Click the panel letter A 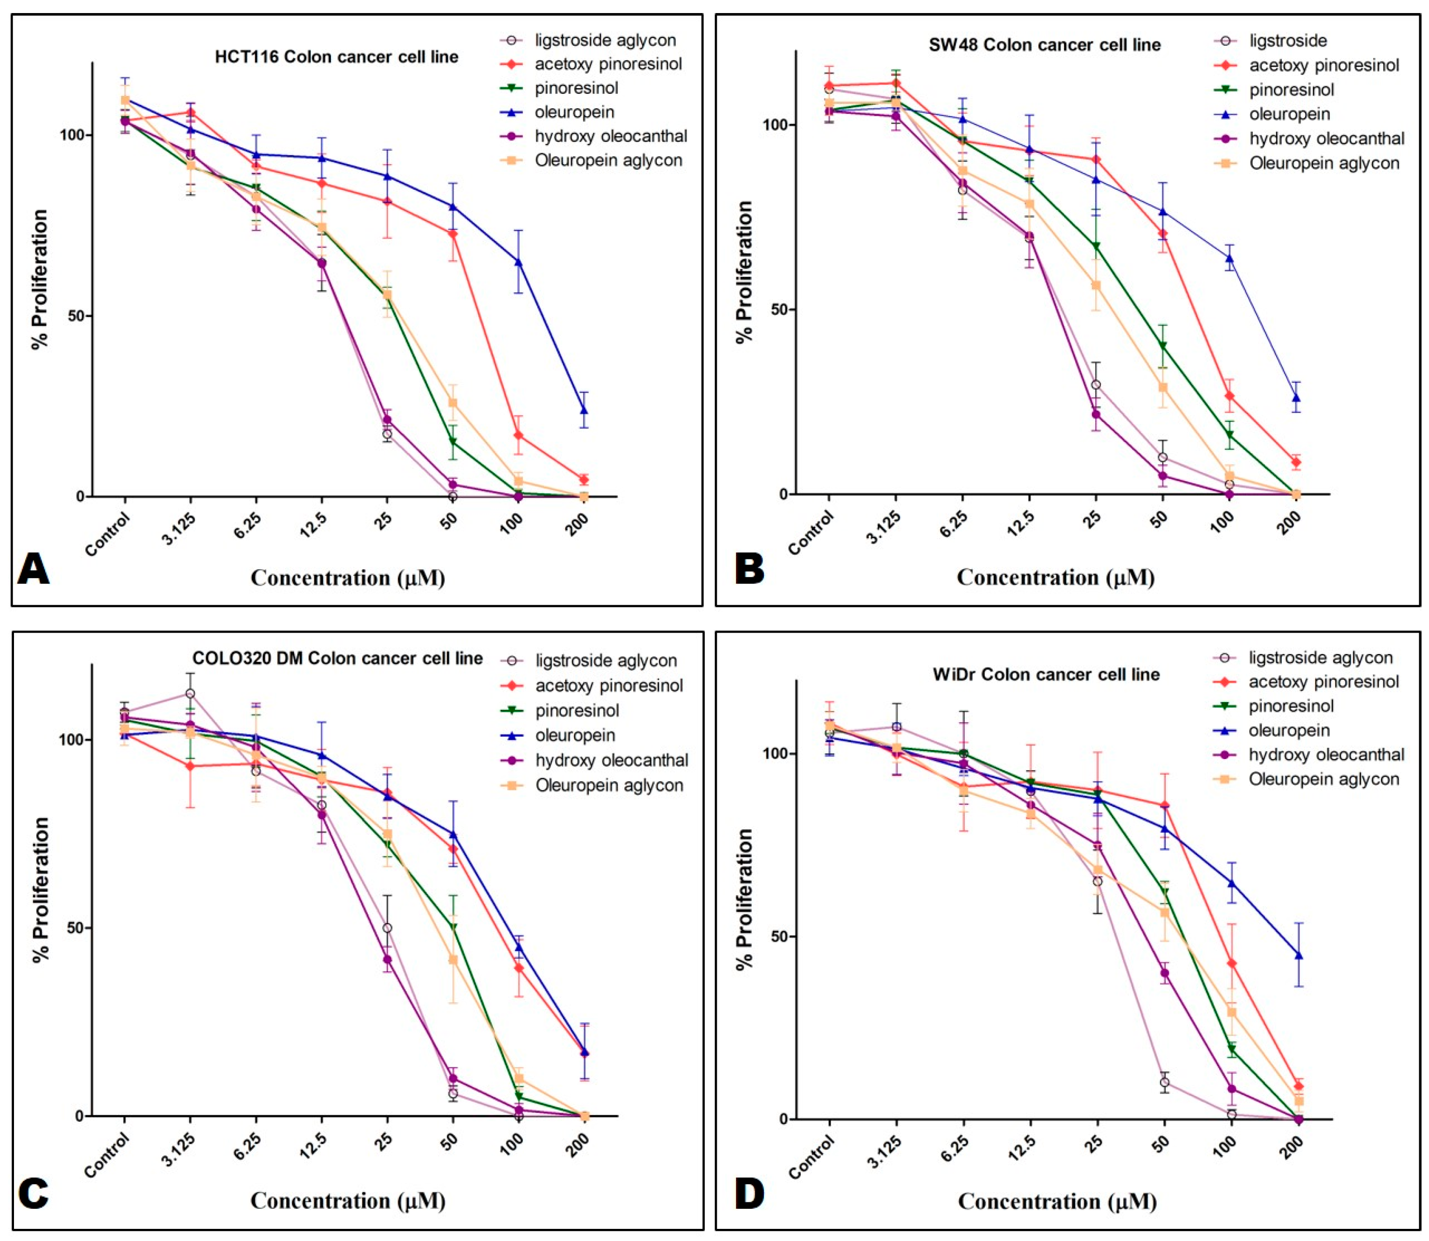point(33,569)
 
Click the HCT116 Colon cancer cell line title point(337,57)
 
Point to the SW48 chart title point(1045,45)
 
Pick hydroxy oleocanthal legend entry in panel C point(594,760)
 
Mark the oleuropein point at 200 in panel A point(584,411)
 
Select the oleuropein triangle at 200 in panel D point(1298,956)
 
